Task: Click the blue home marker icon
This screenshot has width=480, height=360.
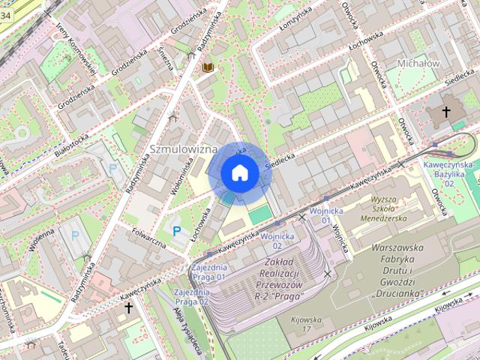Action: pos(240,173)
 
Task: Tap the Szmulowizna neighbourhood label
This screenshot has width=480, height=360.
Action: pos(184,149)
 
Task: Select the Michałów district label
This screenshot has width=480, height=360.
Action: pos(418,64)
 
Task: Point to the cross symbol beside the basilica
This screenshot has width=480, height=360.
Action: pos(446,112)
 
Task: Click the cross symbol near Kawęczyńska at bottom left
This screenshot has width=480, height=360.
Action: pos(128,307)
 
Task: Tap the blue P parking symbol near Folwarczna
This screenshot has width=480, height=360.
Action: pos(177,232)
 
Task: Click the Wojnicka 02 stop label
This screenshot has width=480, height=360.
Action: pos(277,241)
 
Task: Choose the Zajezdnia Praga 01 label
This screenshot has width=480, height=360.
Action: pos(209,272)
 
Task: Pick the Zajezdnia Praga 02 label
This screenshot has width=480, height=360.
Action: pos(190,296)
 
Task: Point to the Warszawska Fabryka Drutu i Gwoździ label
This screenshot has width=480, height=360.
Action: pos(397,270)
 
